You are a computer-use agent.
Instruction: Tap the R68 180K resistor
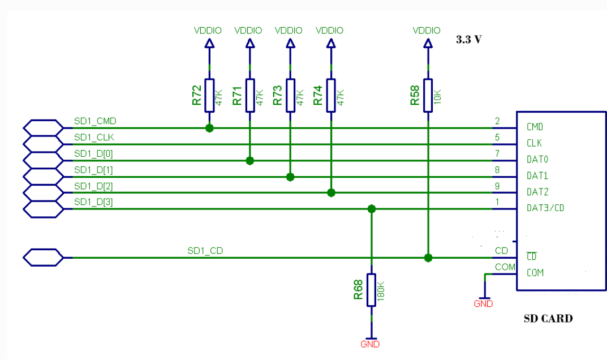[371, 290]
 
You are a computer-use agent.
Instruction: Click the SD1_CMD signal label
[95, 121]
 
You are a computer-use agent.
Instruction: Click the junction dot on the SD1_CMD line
[209, 128]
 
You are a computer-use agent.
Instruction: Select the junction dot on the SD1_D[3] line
[371, 209]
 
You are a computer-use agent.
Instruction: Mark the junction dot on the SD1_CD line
[428, 258]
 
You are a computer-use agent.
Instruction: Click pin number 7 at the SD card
[497, 153]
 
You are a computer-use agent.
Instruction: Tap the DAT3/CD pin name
[545, 208]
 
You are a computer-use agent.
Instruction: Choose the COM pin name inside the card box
[535, 273]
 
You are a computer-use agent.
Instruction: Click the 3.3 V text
[468, 40]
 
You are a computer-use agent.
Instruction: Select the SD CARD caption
[548, 318]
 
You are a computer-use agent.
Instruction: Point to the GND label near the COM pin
[483, 304]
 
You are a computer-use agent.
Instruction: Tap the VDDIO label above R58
[427, 31]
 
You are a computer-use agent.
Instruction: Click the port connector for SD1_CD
[43, 258]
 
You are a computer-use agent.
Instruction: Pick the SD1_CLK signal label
[93, 138]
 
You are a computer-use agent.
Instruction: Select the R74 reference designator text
[318, 96]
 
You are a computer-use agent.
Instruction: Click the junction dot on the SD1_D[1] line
[290, 177]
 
